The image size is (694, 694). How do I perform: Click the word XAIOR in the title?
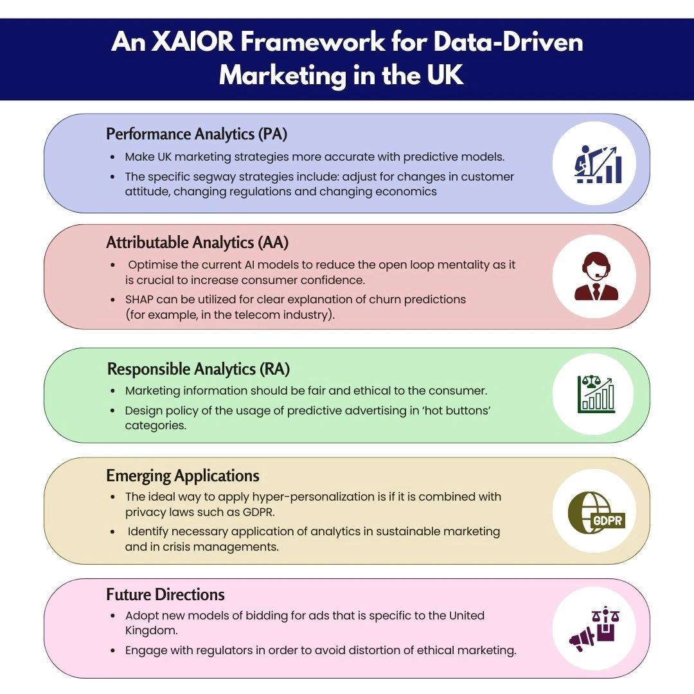point(193,42)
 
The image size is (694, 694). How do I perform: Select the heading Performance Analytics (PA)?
point(197,134)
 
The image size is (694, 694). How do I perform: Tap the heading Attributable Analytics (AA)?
point(197,242)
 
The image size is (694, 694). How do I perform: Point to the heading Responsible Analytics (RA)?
point(199,369)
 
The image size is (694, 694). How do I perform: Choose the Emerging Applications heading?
point(182,476)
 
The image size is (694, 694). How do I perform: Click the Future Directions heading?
point(166,594)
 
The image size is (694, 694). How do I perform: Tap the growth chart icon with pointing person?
point(598,165)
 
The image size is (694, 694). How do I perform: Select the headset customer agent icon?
point(596,276)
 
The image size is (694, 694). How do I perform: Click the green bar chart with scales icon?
point(596,394)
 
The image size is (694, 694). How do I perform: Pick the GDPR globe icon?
point(596,513)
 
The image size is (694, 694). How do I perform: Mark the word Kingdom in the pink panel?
point(151,630)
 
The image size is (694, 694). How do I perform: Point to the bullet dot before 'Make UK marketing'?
point(113,157)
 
